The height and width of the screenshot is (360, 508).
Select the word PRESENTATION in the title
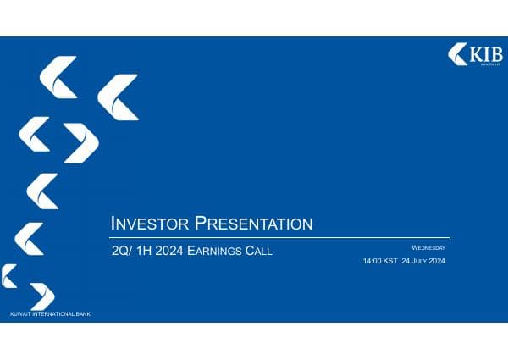253,224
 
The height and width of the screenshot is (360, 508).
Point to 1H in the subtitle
145,251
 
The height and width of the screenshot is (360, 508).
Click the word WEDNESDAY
428,247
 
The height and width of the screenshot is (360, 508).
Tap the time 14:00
373,262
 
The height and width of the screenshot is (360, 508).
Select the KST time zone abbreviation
390,262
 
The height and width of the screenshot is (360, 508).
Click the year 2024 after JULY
438,262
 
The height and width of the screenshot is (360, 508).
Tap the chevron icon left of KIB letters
457,54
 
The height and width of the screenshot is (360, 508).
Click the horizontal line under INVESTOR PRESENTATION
279,237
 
